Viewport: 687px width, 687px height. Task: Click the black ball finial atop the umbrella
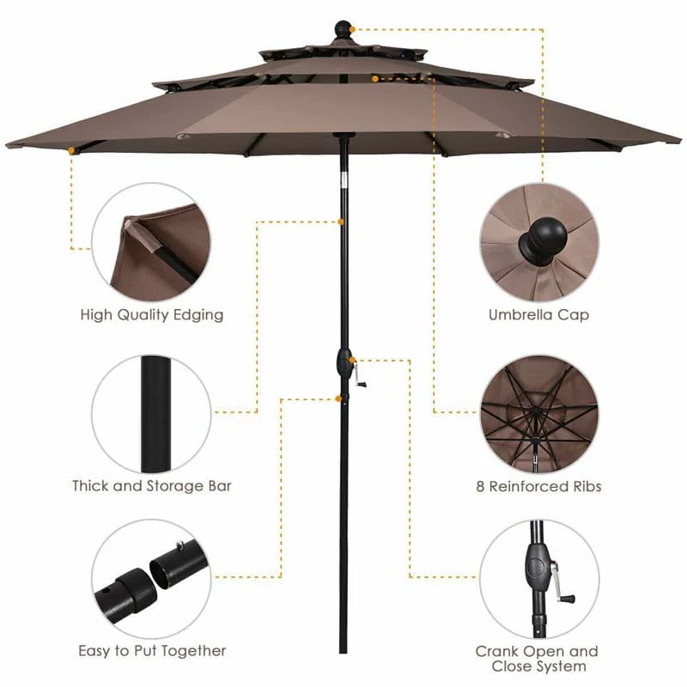343,27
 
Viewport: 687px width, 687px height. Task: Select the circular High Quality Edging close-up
152,241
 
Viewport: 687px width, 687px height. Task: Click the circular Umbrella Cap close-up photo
538,242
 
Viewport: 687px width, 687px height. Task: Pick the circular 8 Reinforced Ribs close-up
538,415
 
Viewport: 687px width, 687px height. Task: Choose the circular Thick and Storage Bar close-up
152,414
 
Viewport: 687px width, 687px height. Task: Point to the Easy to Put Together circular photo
152,579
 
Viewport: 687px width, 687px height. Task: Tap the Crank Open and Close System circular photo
538,579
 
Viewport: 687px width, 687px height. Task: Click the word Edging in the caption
198,315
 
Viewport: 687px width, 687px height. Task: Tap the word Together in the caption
191,651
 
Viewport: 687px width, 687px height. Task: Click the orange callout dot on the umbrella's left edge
71,150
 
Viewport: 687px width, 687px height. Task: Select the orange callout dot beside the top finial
351,29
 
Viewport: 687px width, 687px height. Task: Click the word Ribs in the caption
583,487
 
